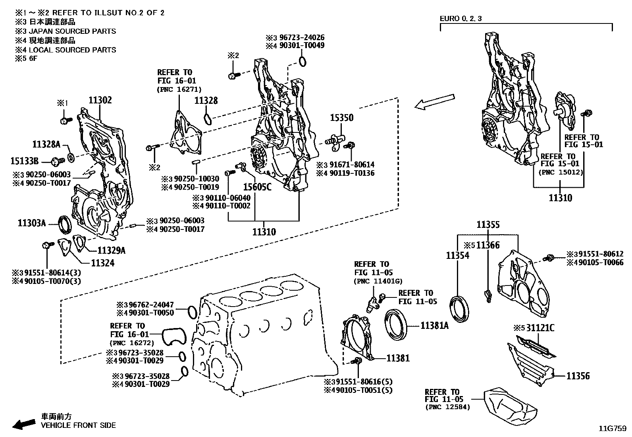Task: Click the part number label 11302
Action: tap(100, 100)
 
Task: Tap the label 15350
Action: tap(341, 118)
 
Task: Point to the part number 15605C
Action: tap(257, 186)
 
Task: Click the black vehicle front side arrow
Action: tap(23, 424)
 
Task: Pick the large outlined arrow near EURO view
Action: tap(434, 101)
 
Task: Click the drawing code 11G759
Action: tap(613, 429)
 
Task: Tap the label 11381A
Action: tap(434, 326)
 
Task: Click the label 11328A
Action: tap(46, 144)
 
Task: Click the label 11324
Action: tap(102, 263)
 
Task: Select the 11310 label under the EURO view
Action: tap(560, 198)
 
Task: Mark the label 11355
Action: tap(488, 225)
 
